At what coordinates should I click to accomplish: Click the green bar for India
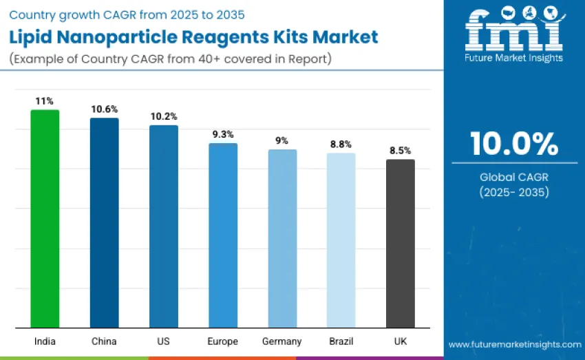(45, 218)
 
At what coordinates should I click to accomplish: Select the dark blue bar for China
(104, 222)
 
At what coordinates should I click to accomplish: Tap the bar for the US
(163, 226)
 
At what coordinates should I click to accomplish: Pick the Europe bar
(222, 235)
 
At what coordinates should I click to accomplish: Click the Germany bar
(282, 238)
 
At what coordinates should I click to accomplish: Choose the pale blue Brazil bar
(341, 240)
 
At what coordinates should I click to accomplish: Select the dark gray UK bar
(400, 243)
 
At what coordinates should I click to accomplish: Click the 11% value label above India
(45, 100)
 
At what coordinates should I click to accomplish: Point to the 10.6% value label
(104, 109)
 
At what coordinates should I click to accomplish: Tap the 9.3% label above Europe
(222, 134)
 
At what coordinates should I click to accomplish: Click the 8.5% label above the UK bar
(400, 150)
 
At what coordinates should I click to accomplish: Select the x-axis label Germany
(282, 341)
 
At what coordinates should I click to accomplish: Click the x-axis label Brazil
(341, 341)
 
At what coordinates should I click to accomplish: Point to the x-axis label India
(45, 341)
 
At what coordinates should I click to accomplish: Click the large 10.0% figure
(514, 144)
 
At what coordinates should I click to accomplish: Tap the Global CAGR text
(514, 177)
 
